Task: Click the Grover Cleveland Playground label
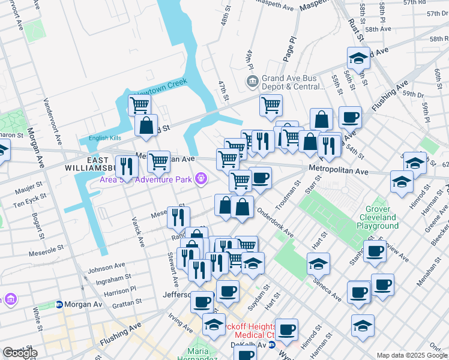click(x=378, y=217)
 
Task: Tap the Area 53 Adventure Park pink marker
click(x=202, y=178)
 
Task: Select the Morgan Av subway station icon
click(x=59, y=304)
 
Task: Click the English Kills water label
click(x=105, y=138)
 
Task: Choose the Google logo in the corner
click(x=20, y=353)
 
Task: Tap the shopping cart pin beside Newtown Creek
click(x=139, y=106)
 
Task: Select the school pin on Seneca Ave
click(x=318, y=263)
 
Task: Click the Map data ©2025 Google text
click(x=412, y=355)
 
